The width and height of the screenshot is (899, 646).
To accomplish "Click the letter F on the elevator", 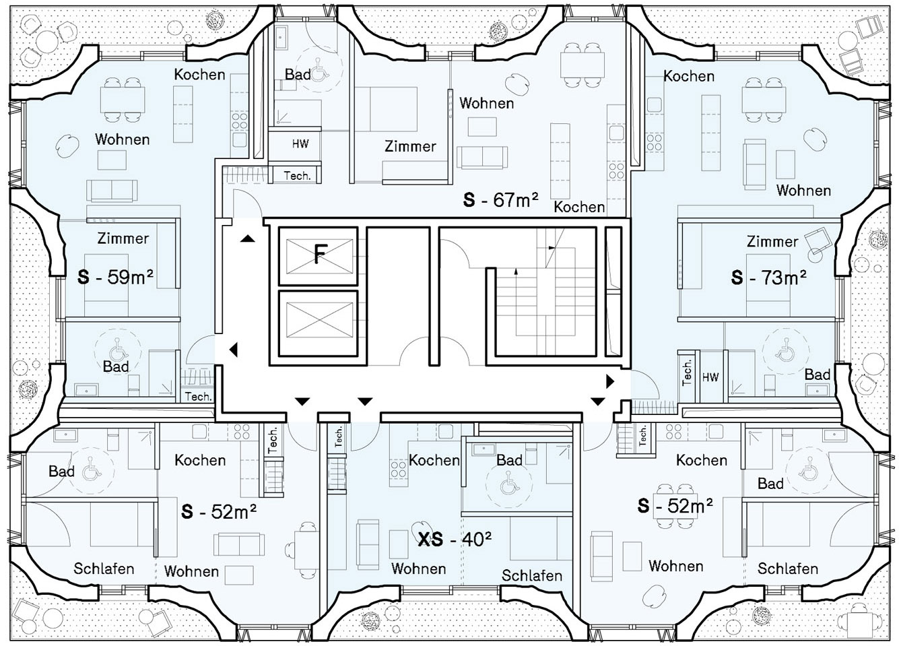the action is pos(319,254).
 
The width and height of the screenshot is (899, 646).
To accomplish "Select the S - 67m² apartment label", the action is pos(500,199).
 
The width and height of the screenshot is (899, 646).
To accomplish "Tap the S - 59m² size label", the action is pos(115,277).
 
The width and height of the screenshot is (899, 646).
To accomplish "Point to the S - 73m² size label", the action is pos(768,278).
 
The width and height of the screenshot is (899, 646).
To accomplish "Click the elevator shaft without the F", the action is pos(318,323).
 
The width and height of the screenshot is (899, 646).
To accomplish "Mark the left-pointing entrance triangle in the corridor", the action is pos(234,350).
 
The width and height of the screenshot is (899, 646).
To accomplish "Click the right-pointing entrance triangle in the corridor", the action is pos(610,381).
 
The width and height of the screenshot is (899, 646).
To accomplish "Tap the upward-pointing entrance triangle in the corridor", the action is pos(248,239).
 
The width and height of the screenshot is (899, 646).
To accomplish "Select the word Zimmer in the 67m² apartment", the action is pos(410,146).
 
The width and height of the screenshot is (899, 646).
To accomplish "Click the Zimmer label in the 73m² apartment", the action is pos(772,241).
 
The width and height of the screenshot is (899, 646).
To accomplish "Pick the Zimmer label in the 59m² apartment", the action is pos(123,238).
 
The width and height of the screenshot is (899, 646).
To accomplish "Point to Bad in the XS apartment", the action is pos(509,460).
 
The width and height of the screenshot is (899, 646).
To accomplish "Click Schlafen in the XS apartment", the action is pos(532,576).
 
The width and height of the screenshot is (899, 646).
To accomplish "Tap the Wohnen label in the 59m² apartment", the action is pos(123,139).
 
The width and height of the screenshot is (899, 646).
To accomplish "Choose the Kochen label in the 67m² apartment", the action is pos(579,207).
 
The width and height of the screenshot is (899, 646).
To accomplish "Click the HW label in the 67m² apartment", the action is pos(300,144).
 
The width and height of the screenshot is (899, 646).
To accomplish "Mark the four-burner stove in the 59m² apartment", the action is pos(240,121).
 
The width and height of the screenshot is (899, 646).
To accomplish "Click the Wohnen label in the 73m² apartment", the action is pos(803,191).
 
